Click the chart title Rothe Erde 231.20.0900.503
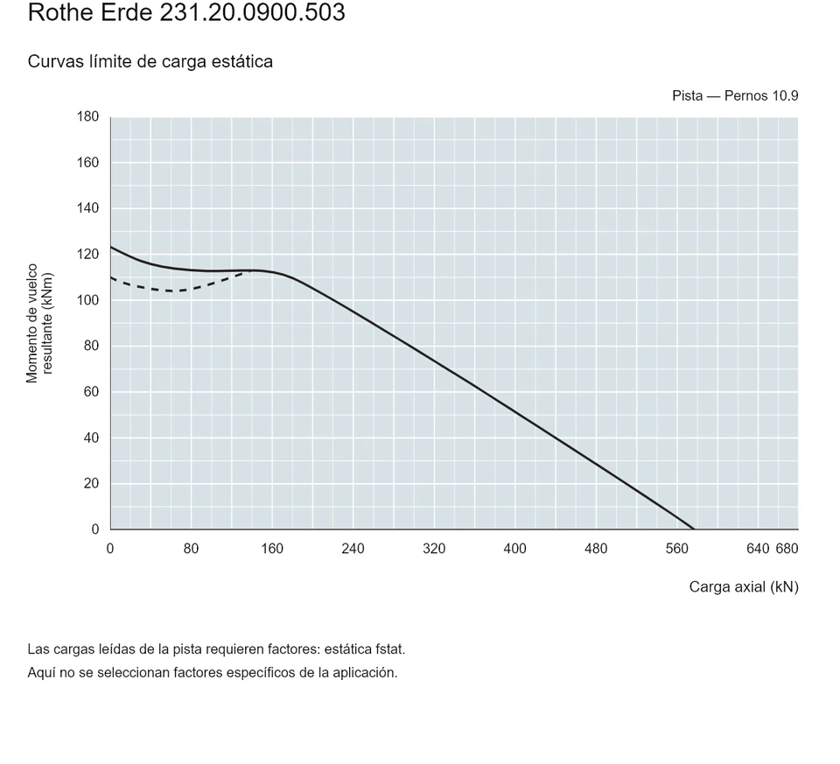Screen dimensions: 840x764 186,12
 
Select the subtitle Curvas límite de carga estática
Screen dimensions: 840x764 150,61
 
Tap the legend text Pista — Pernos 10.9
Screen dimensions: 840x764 735,96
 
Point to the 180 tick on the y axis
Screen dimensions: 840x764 87,116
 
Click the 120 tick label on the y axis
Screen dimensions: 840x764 87,254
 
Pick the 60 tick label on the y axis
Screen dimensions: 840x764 91,392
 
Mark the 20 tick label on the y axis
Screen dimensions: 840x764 91,483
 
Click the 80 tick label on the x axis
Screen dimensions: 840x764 192,549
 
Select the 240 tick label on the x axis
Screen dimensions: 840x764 353,549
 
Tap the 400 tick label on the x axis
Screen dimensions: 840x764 514,549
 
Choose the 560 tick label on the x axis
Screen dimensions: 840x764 676,549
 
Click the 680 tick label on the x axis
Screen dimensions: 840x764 787,549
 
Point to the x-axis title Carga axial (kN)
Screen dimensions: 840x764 744,587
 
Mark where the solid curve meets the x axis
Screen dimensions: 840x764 694,529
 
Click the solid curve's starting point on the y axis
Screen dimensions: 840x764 111,247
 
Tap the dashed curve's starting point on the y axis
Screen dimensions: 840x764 111,277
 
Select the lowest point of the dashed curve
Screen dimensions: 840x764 171,291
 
